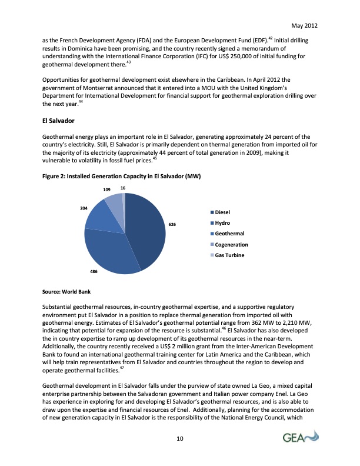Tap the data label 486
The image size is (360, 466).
(93, 271)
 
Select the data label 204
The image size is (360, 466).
(76, 208)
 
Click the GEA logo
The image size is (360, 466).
(299, 437)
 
